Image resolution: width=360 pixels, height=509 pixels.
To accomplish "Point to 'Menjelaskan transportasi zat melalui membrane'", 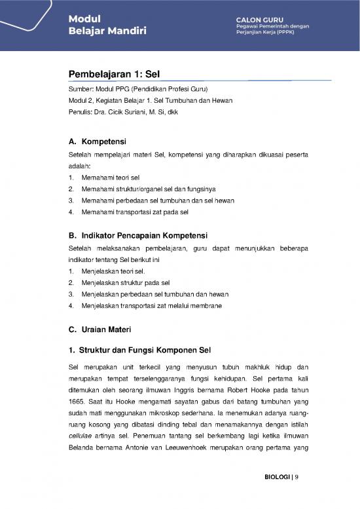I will (151, 305).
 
